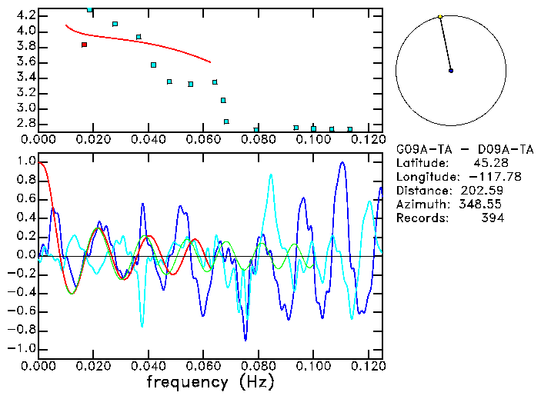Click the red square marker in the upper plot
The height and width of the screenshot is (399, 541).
[x=84, y=45]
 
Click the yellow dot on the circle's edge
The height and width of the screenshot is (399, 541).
[x=439, y=16]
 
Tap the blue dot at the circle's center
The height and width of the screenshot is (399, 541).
[x=451, y=70]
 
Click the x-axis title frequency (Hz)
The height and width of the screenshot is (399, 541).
[x=209, y=381]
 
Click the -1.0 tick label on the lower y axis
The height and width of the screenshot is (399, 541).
[x=22, y=348]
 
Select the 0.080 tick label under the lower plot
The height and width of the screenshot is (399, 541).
[x=259, y=365]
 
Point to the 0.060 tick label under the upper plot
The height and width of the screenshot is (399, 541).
[x=204, y=139]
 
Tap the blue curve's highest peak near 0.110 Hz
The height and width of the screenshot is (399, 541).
[x=340, y=162]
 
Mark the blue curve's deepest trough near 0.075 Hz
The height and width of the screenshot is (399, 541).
[x=245, y=339]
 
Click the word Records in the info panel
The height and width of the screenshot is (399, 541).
[x=420, y=218]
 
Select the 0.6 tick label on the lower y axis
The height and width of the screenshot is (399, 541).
[x=25, y=199]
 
